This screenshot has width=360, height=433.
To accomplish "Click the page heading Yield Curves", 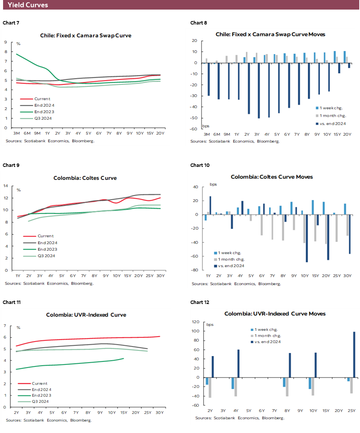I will (28, 5).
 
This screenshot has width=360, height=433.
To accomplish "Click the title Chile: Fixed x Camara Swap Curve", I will (86, 35).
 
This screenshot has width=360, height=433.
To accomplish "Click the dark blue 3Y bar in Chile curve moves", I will (259, 91).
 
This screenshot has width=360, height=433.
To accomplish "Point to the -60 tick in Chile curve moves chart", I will (194, 129).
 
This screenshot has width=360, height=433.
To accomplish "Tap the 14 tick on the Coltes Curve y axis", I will (5, 186).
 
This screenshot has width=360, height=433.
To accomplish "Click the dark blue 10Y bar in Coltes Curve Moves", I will (307, 238).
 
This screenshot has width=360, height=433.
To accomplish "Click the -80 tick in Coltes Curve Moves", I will (195, 270).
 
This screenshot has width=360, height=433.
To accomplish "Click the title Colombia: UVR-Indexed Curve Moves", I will (275, 314).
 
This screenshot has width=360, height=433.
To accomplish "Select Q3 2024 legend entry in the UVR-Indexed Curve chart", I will (42, 401).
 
